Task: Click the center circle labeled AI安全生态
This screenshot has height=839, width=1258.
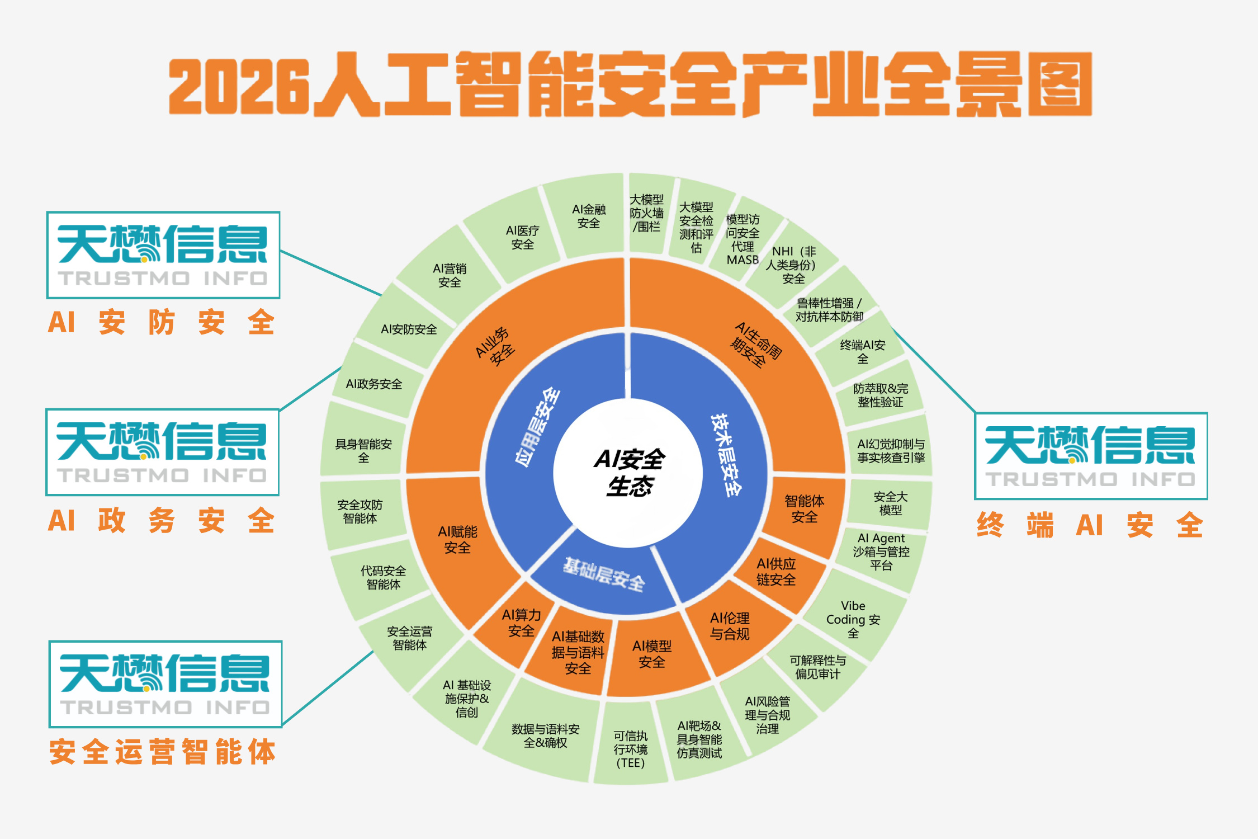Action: click(x=628, y=473)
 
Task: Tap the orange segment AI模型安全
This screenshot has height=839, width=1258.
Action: click(x=653, y=654)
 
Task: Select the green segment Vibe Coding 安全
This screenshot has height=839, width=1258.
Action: click(x=854, y=618)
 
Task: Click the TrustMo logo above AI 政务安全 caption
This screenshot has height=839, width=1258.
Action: click(x=162, y=452)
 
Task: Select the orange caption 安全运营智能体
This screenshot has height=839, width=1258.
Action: click(x=162, y=751)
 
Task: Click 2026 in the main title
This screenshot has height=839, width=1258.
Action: click(x=239, y=85)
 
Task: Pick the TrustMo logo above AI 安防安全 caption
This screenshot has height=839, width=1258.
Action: click(x=163, y=255)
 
